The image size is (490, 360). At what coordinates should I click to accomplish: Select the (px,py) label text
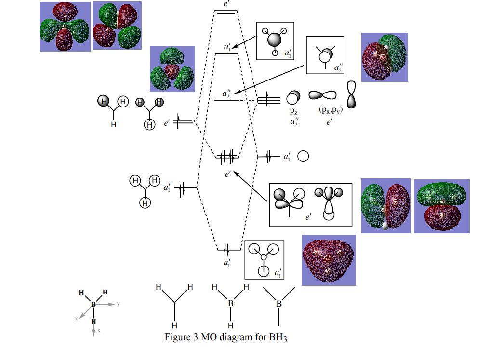(x=331, y=110)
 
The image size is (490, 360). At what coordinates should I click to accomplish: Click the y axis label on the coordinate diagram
(x=118, y=304)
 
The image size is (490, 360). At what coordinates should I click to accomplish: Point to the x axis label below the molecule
(x=99, y=331)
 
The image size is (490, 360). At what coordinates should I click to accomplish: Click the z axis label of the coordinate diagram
(x=77, y=319)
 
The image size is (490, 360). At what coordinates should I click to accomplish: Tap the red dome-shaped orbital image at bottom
(x=329, y=260)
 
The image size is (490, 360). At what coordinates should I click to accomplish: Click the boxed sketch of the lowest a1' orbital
(x=264, y=259)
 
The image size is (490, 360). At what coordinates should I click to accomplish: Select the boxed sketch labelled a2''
(x=325, y=54)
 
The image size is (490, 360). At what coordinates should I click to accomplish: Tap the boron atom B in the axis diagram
(x=93, y=305)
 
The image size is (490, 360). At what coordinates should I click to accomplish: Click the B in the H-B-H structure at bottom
(x=231, y=303)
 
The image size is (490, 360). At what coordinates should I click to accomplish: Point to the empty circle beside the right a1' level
(x=303, y=157)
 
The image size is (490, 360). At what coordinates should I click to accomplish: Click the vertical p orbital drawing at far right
(x=353, y=94)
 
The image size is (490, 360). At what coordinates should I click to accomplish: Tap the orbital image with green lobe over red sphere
(x=384, y=57)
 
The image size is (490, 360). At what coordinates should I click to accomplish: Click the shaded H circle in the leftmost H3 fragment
(x=103, y=101)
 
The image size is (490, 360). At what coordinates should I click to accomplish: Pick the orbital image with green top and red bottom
(x=441, y=206)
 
